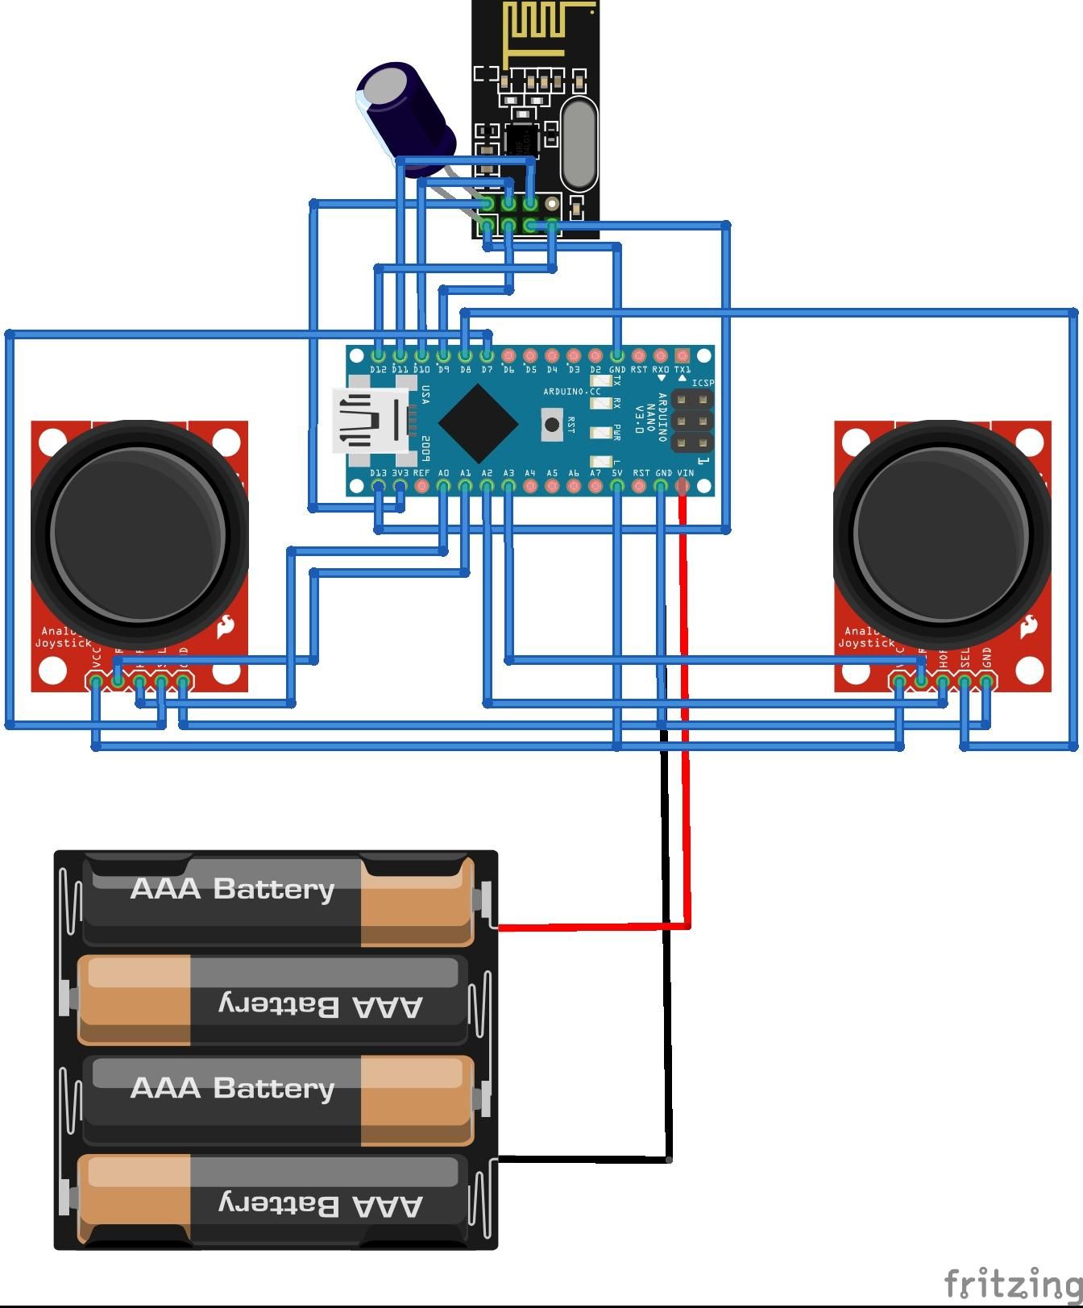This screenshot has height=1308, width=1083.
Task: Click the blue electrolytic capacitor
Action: [403, 113]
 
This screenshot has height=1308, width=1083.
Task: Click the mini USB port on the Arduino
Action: [371, 421]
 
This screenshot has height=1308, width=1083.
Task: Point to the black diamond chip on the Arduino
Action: [478, 422]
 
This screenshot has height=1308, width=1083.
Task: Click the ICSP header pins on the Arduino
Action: [692, 421]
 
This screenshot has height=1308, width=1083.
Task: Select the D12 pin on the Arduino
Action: [379, 355]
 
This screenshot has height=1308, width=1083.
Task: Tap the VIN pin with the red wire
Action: [683, 486]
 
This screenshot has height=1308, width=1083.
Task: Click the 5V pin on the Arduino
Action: [617, 486]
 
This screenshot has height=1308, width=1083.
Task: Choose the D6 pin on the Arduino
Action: [508, 355]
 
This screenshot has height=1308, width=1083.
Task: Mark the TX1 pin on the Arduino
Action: [683, 355]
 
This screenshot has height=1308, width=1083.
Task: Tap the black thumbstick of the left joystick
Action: [139, 532]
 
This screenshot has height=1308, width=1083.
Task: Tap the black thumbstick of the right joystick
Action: [941, 532]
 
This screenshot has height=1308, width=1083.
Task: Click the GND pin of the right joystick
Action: [986, 683]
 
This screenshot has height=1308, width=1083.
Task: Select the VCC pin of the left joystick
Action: [97, 683]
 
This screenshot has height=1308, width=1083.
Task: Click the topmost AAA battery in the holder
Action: [278, 899]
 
